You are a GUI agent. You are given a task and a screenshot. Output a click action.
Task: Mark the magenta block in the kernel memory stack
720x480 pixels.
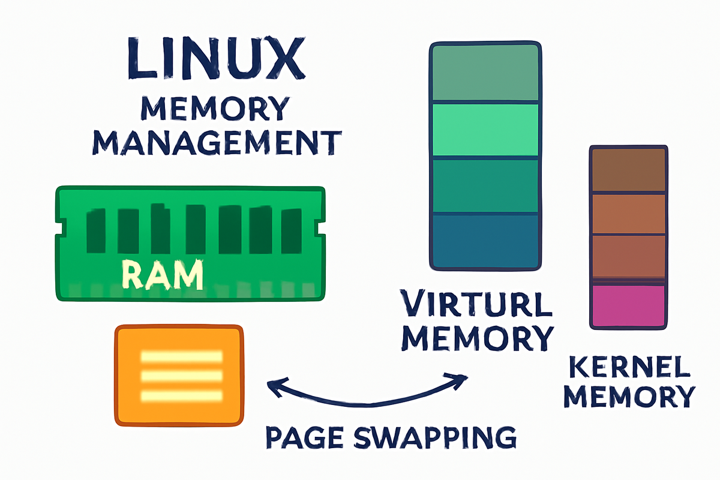628,305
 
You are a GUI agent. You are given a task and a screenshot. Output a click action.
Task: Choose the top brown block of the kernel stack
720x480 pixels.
628,170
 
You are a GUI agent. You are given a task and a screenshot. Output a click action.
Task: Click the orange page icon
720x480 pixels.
179,375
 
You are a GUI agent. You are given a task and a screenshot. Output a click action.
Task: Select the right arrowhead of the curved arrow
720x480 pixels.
463,378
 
